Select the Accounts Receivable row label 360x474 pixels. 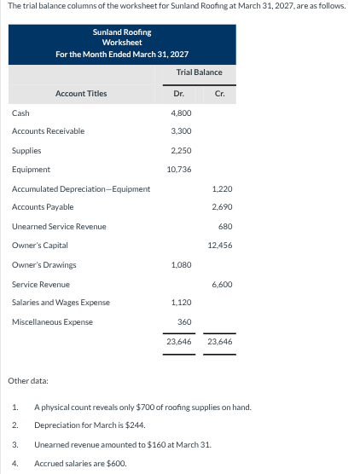[x=48, y=131]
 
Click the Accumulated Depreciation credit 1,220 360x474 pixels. [x=221, y=188]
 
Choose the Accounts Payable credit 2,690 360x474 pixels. [x=221, y=207]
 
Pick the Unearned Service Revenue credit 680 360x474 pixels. [x=224, y=226]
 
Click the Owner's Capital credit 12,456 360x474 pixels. [x=219, y=246]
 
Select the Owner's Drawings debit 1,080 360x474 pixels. [x=179, y=264]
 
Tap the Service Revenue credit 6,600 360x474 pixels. [x=221, y=284]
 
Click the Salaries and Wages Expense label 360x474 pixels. [x=61, y=303]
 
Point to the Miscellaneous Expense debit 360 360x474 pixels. [x=183, y=321]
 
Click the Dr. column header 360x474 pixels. [x=178, y=93]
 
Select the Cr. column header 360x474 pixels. [x=220, y=93]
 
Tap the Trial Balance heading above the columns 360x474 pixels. [x=199, y=72]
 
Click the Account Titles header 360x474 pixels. [x=81, y=93]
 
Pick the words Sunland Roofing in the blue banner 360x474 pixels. [x=122, y=32]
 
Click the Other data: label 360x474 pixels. [x=27, y=379]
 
